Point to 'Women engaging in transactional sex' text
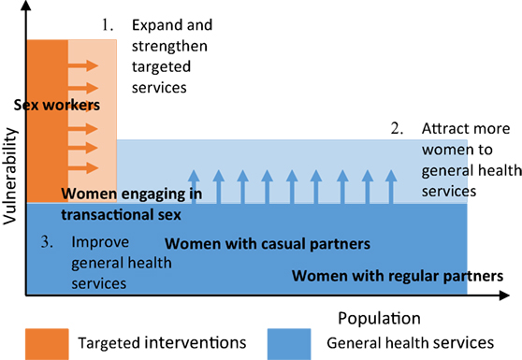pyautogui.click(x=118, y=204)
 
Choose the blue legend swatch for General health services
pyautogui.click(x=294, y=342)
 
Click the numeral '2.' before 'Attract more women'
pyautogui.click(x=397, y=128)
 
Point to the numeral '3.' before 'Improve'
pyautogui.click(x=44, y=241)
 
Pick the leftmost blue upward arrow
pyautogui.click(x=194, y=185)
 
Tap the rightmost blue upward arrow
pyautogui.click(x=390, y=185)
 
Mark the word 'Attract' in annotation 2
pyautogui.click(x=444, y=130)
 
